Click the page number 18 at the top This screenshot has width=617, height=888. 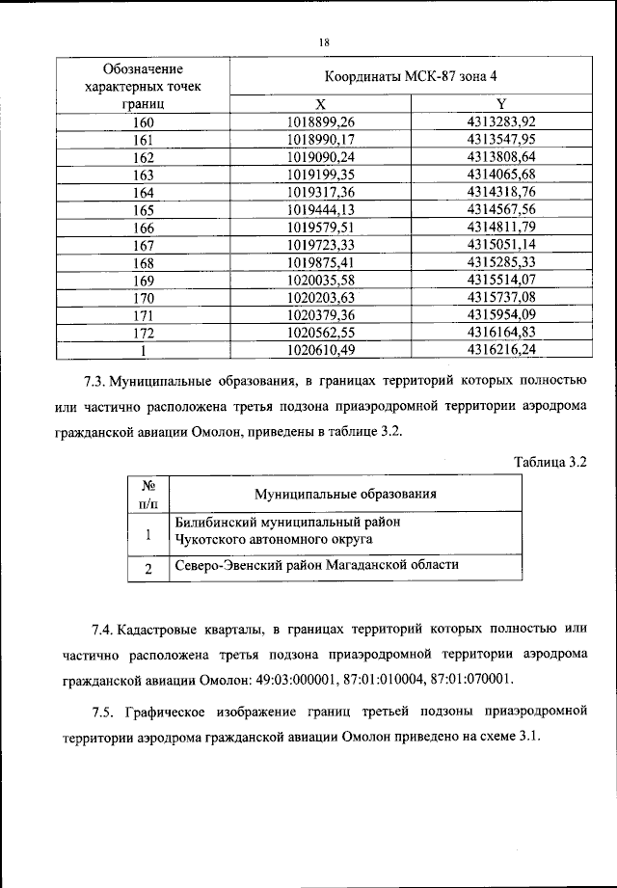coord(323,41)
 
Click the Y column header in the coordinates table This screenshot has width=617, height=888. coord(500,104)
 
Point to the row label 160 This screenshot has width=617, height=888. coord(144,121)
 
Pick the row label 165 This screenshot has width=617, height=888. coord(144,209)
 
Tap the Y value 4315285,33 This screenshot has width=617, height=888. coord(500,261)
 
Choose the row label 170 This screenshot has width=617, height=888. coord(144,297)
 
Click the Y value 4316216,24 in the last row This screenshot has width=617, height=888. coord(500,349)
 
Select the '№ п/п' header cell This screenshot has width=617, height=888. coord(148,494)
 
